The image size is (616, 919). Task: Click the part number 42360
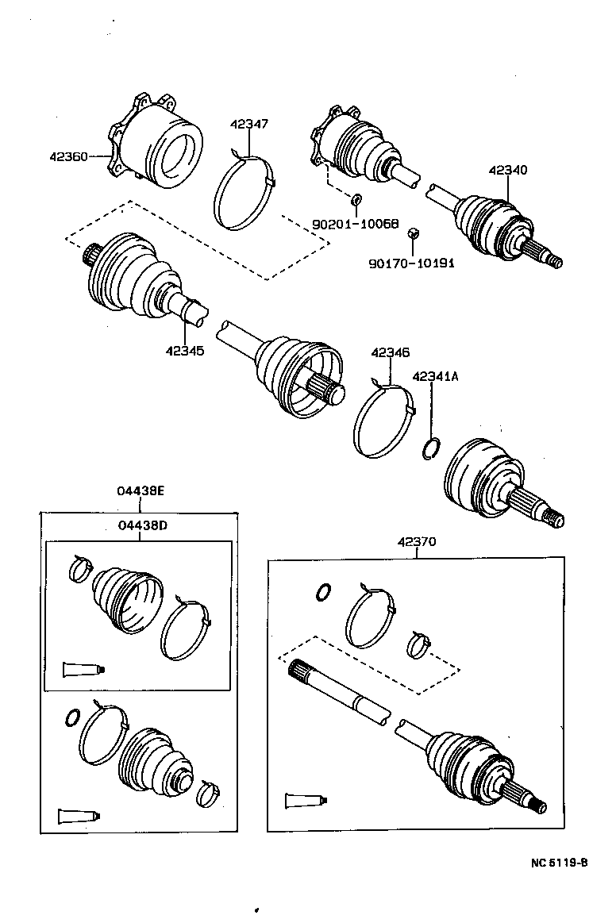(68, 157)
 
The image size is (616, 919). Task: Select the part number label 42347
(249, 124)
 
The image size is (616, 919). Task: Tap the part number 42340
(507, 170)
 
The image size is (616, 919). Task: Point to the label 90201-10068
(355, 225)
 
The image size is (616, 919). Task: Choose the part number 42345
(185, 350)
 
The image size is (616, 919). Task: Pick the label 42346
(390, 352)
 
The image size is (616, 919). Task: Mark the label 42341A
(435, 377)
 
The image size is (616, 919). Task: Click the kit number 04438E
(141, 492)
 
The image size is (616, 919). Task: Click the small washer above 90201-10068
(356, 198)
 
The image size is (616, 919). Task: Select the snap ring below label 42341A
(429, 448)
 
